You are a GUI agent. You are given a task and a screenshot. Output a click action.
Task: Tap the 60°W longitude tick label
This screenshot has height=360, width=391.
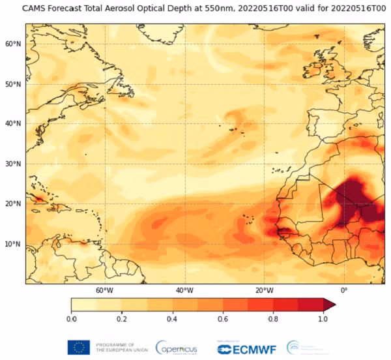[x=104, y=290]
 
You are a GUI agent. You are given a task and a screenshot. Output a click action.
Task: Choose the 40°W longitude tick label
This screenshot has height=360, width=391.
[x=184, y=290]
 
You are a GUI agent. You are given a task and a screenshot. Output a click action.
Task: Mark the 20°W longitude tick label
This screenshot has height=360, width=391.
[x=264, y=290]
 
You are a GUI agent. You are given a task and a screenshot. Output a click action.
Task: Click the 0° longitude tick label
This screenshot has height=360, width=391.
[x=344, y=290]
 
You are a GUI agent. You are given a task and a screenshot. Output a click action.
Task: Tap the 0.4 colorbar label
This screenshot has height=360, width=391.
[x=172, y=319]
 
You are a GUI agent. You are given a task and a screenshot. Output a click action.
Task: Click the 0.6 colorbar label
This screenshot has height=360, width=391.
[x=222, y=319]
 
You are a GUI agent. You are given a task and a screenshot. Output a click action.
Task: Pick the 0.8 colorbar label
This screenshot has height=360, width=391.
[x=272, y=319]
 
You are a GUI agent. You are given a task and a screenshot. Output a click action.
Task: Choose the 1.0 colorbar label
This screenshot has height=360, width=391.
[x=323, y=319]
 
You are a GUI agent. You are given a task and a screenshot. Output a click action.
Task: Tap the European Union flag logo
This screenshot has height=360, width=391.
[x=78, y=347]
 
